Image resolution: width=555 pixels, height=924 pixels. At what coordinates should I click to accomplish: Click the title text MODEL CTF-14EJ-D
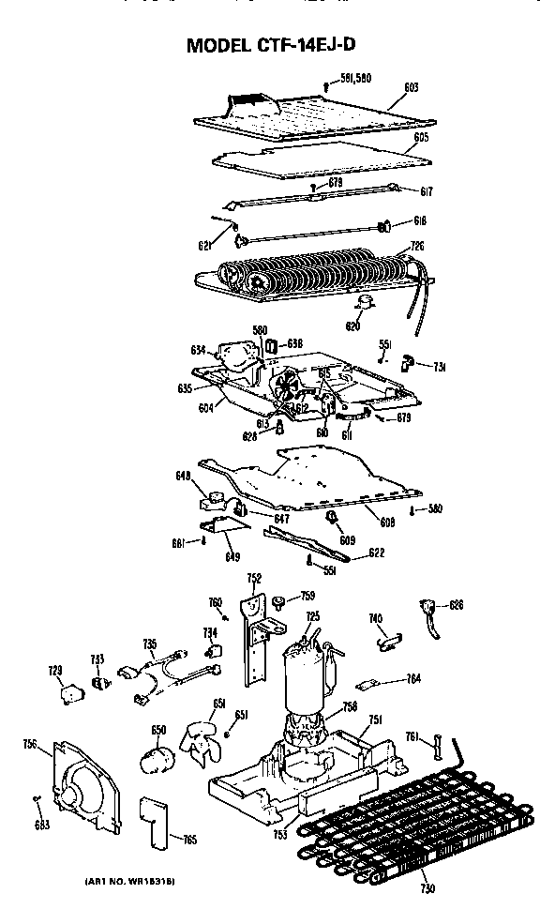(277, 44)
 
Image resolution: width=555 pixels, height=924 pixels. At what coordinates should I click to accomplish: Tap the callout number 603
(411, 87)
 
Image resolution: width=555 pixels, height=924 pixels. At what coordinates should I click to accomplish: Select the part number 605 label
(421, 137)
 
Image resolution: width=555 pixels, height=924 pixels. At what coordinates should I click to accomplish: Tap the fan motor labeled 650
(157, 753)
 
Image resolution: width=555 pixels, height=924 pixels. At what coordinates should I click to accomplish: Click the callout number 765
(190, 840)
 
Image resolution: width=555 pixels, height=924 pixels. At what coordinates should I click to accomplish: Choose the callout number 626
(456, 605)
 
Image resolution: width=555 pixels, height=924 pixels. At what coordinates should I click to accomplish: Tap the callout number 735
(149, 644)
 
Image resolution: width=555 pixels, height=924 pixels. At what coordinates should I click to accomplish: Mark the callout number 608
(387, 521)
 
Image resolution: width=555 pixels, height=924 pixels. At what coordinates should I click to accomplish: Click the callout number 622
(373, 553)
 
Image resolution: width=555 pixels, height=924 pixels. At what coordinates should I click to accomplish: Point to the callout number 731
(438, 365)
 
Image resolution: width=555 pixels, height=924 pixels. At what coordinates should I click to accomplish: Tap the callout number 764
(413, 678)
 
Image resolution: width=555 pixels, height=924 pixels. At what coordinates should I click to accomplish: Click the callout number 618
(420, 221)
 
